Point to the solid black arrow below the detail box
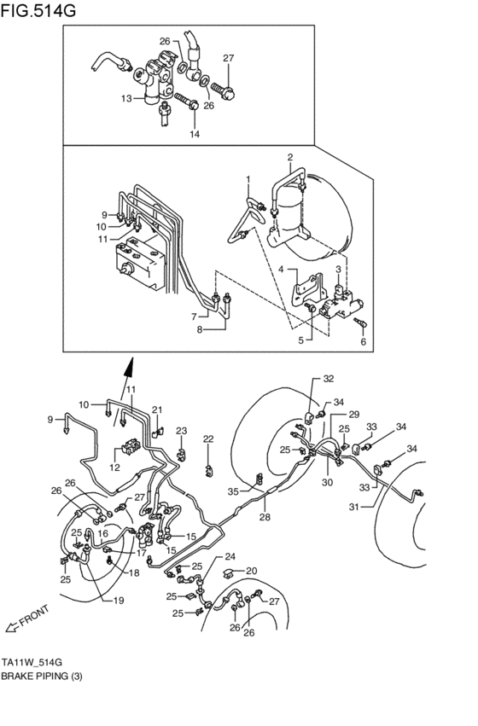(x=128, y=368)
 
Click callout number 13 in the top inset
(x=126, y=99)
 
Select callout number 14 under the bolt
(x=194, y=134)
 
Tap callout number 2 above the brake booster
(x=289, y=157)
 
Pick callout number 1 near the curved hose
(x=248, y=179)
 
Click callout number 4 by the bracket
(x=281, y=270)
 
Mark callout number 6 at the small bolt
(x=362, y=341)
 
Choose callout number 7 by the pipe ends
(x=194, y=316)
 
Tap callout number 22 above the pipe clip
(x=207, y=439)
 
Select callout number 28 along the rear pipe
(x=265, y=517)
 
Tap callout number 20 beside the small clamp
(x=251, y=572)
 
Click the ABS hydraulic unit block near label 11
(x=141, y=264)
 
